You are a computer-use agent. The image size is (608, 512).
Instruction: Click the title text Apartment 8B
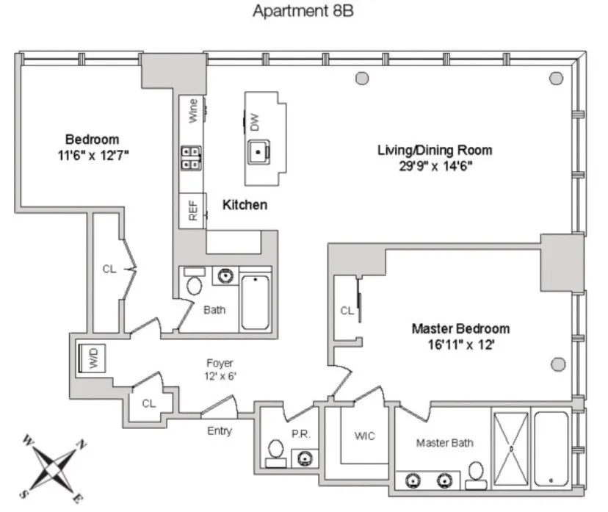pos(303,12)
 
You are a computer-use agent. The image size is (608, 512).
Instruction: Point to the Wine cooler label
pos(193,110)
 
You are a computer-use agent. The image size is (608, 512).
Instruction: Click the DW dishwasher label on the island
pos(255,122)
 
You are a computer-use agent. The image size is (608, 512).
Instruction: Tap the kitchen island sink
pos(258,152)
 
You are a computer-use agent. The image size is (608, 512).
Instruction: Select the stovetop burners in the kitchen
pos(192,158)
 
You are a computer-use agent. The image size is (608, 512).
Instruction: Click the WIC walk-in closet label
pos(364,436)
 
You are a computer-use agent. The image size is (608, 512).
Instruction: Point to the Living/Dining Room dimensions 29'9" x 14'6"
pos(435,165)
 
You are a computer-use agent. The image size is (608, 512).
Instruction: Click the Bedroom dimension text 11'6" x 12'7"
pos(92,154)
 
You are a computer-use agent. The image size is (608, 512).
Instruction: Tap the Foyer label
pos(220,364)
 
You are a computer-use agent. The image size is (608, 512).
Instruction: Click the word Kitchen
pos(245,205)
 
